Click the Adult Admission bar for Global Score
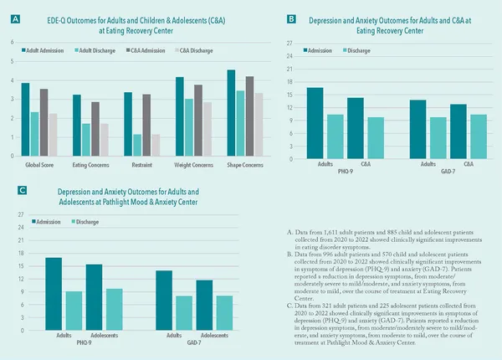tap(25, 119)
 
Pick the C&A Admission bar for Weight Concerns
tap(198, 120)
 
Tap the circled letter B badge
tap(291, 18)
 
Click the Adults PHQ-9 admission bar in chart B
tap(315, 123)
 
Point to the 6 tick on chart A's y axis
tap(13, 43)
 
